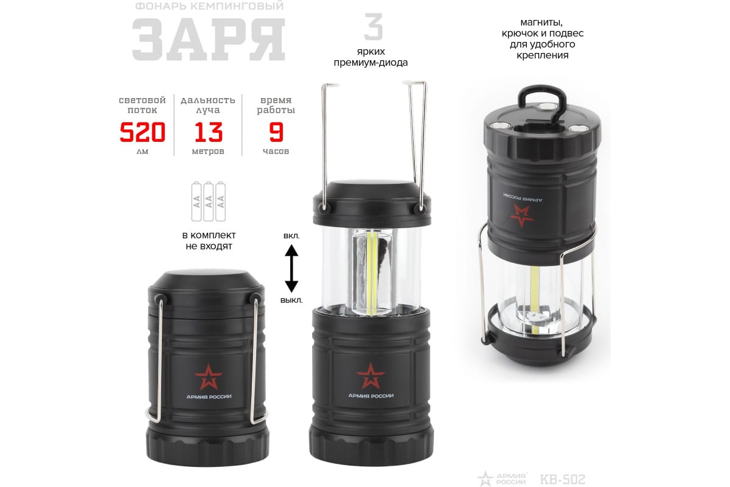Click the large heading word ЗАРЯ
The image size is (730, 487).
209,39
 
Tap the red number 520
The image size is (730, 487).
142,132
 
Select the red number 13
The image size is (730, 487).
208,132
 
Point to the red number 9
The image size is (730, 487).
276,132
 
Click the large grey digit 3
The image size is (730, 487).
373,26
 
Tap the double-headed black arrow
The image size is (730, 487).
291,268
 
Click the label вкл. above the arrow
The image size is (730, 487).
291,236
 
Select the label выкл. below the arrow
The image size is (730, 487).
291,300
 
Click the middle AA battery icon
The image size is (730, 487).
209,201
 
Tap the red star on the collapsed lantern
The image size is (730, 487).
209,377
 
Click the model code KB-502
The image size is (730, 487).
563,479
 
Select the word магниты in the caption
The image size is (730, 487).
541,23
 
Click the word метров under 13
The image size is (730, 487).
208,152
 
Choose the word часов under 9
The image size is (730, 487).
276,152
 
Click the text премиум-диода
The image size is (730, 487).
370,62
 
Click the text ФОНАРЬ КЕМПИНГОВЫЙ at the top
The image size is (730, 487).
209,6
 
